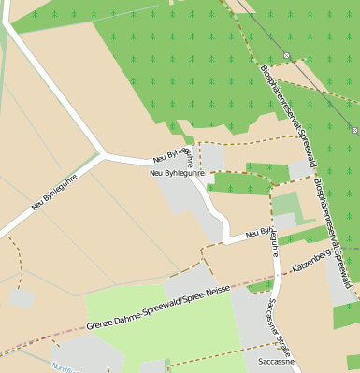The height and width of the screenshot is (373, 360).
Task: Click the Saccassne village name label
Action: [277, 360]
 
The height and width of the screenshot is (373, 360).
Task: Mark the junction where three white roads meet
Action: [102, 152]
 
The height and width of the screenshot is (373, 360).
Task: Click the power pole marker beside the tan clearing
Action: [287, 55]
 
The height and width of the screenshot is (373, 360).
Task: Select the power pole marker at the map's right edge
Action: [355, 131]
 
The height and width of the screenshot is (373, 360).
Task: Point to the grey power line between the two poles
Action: [321, 93]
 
